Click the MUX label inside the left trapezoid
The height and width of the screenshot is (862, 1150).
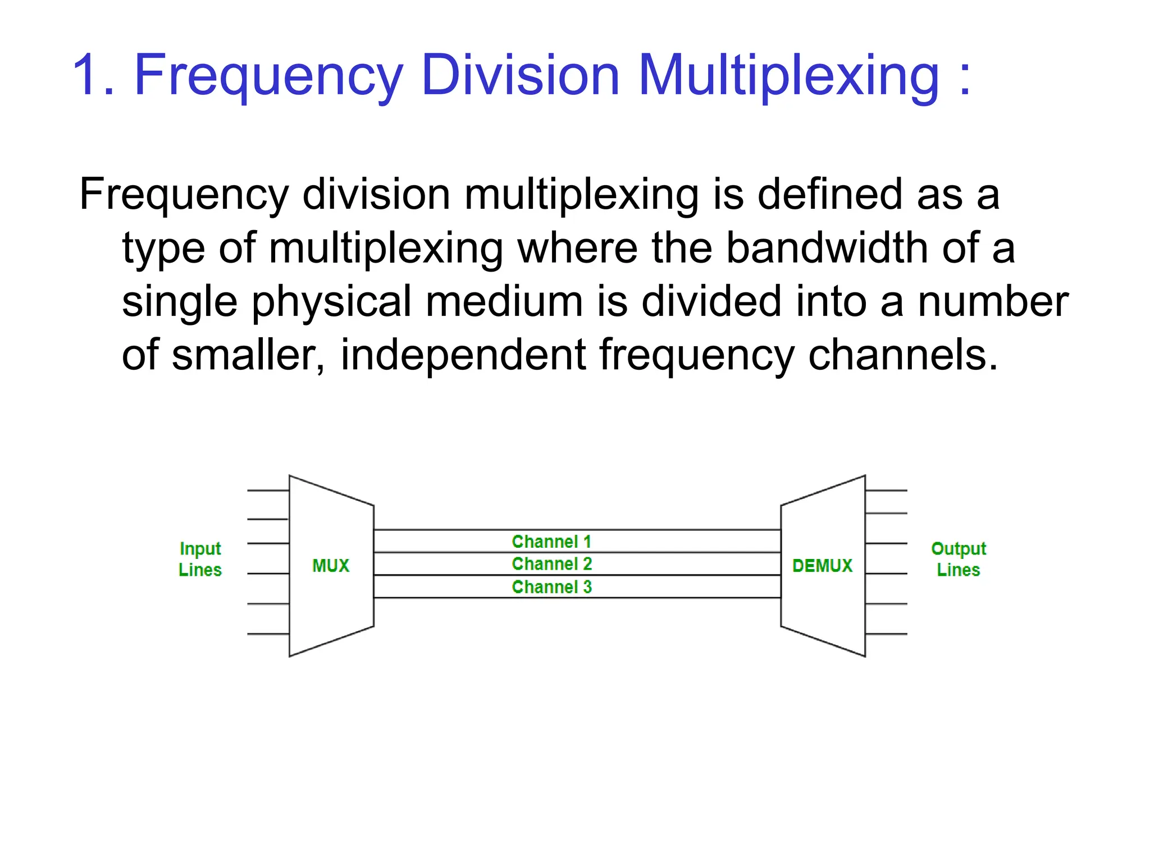pos(331,566)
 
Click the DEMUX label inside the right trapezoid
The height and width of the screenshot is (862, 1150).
pos(822,566)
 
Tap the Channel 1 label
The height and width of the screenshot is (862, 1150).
pos(551,542)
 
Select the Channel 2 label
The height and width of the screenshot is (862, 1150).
pos(551,563)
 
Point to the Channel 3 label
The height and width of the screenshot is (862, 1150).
pos(551,587)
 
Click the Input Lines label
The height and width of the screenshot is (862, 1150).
pos(200,559)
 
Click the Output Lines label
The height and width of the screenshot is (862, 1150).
pos(958,559)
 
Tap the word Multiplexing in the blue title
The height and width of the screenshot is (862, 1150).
pos(788,76)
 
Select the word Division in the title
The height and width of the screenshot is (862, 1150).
pos(520,76)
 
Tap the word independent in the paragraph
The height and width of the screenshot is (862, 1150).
pos(463,356)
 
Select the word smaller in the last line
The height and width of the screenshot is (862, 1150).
pos(248,356)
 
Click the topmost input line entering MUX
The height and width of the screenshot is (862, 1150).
pos(268,490)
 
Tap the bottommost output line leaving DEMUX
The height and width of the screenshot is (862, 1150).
pos(886,634)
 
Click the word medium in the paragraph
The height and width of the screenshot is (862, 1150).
pos(504,302)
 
